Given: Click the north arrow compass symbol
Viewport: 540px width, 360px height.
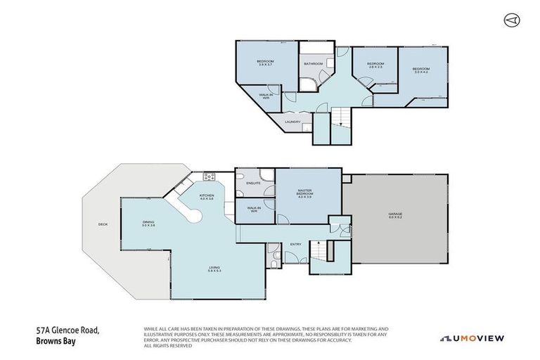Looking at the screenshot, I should (x=510, y=20).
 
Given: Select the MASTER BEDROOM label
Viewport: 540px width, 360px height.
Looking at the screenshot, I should (x=304, y=193).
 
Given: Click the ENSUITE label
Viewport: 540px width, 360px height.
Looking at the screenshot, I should (x=253, y=184).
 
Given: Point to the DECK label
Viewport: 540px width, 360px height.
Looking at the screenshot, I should (x=103, y=225).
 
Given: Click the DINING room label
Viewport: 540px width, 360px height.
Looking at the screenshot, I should (x=148, y=224).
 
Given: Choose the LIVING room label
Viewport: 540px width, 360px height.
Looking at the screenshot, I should (x=214, y=269).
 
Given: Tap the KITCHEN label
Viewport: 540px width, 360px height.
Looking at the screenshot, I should (x=206, y=197).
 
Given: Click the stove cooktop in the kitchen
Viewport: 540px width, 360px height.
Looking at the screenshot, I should (x=208, y=176).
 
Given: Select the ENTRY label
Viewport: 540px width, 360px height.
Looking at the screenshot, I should (x=295, y=244).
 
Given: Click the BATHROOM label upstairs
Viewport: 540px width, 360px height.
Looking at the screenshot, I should (x=313, y=64).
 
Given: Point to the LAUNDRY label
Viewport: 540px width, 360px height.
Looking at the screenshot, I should (x=292, y=122).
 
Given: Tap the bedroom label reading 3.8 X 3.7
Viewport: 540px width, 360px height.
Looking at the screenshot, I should (x=265, y=63).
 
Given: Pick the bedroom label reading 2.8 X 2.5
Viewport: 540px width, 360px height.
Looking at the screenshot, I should (x=375, y=65).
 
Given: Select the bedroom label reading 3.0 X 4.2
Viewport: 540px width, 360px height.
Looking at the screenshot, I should (x=421, y=70).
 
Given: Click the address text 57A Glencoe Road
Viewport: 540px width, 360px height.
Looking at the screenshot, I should (x=67, y=330).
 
